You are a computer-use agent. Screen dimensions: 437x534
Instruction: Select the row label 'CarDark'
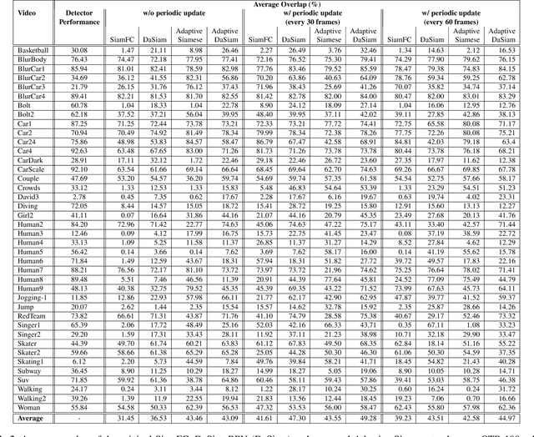pos(30,159)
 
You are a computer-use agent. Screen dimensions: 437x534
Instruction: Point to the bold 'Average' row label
pos(30,418)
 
